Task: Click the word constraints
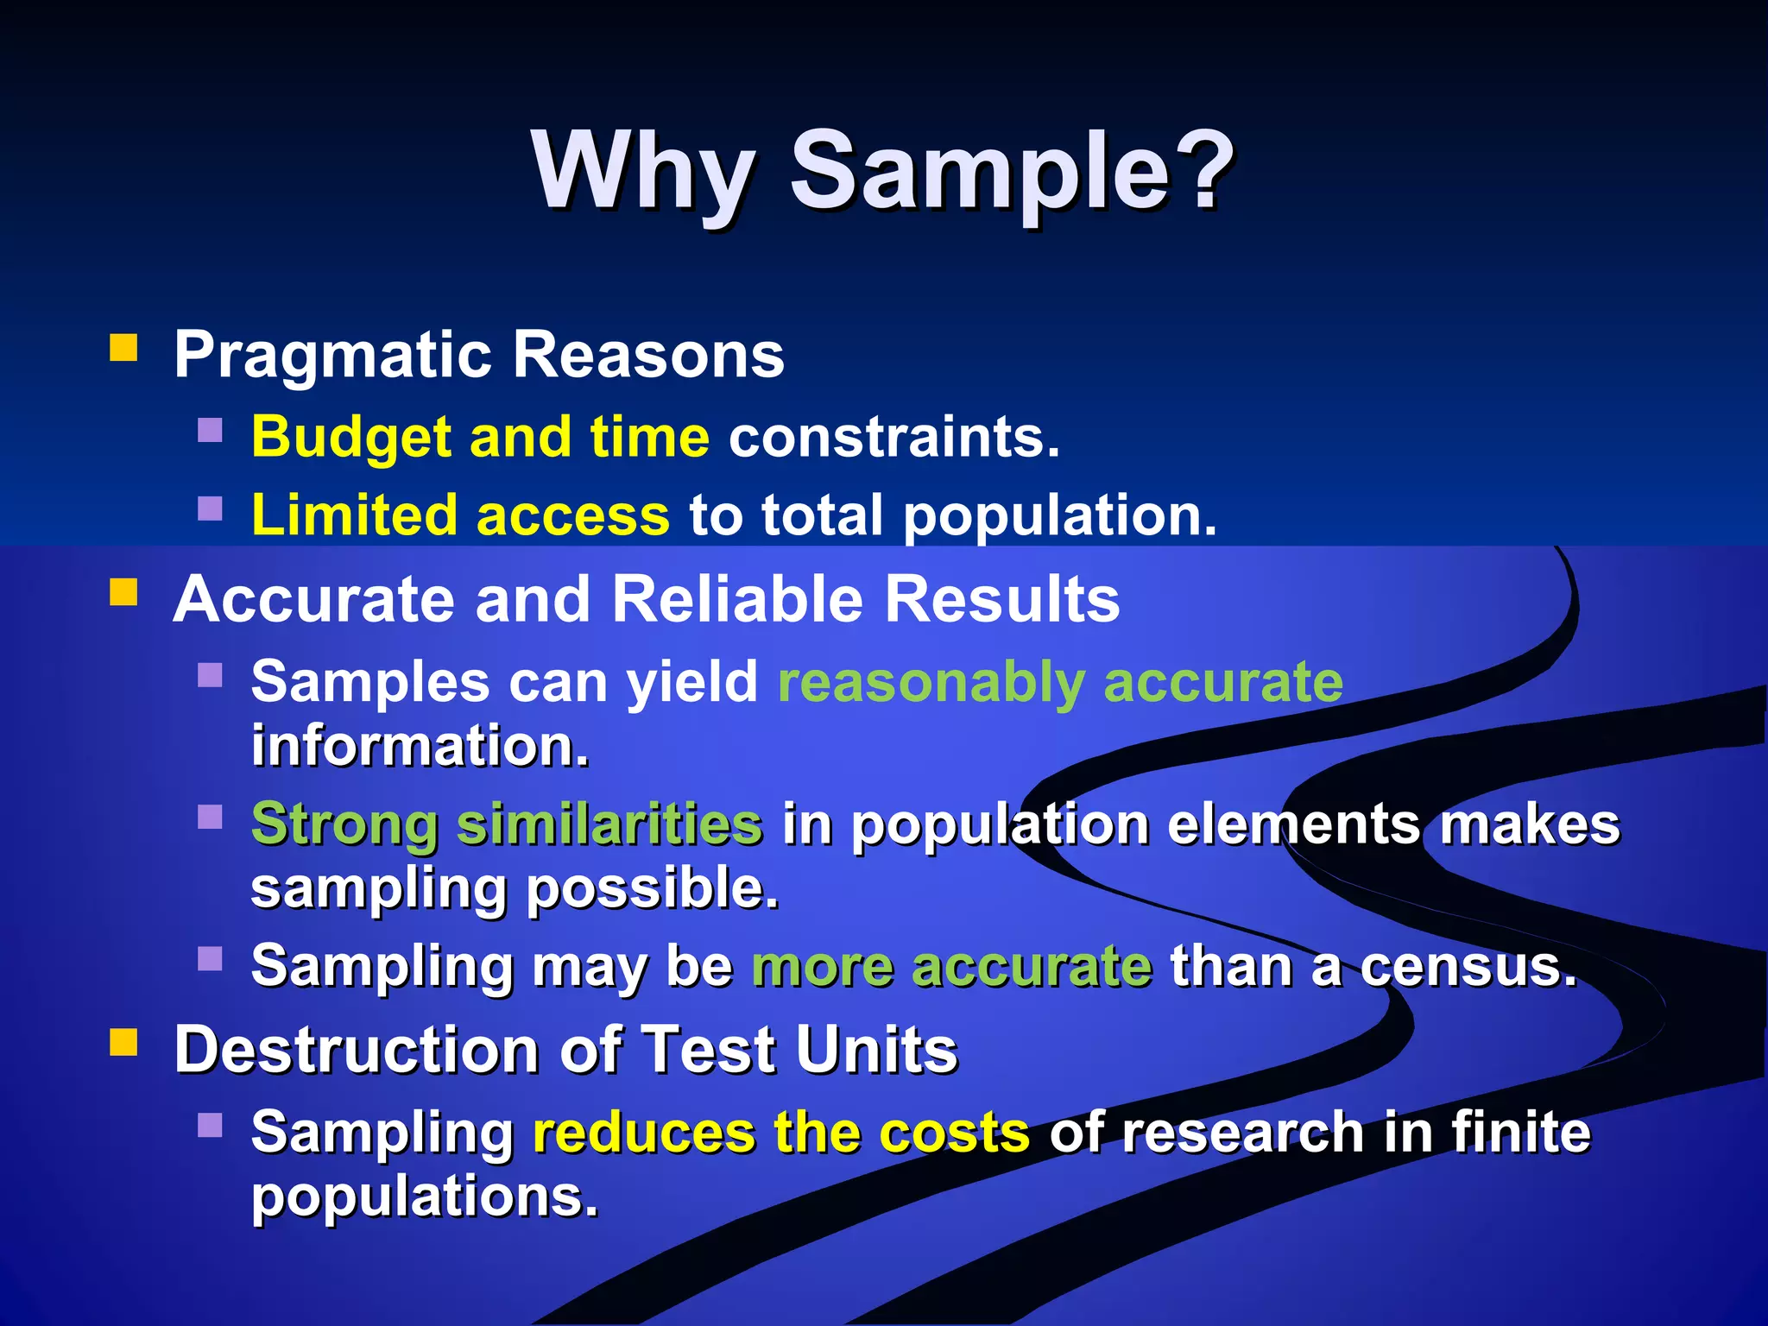[x=893, y=437]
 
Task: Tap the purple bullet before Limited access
[x=210, y=508]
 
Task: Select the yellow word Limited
[x=354, y=515]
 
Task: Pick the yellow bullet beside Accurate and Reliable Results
[x=123, y=593]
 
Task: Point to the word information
[x=420, y=746]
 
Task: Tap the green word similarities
[x=609, y=824]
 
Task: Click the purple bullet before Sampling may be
[x=210, y=958]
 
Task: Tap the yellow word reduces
[x=643, y=1133]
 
